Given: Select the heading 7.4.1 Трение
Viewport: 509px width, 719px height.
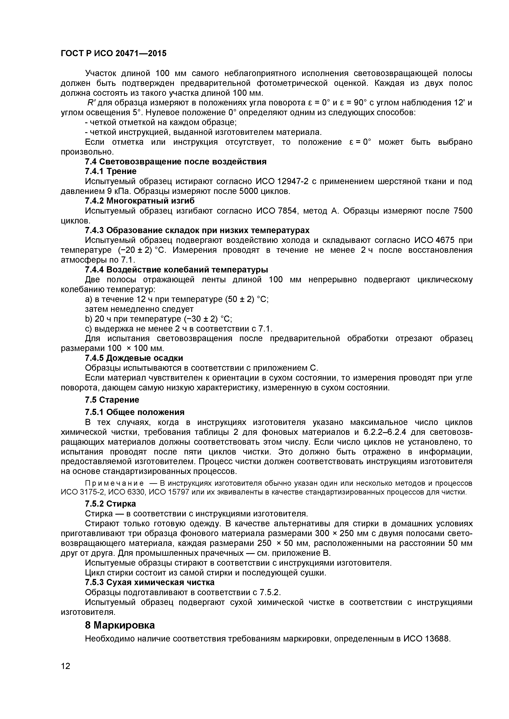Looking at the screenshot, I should point(111,171).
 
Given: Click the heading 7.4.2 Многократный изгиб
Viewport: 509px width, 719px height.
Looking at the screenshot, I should point(140,201).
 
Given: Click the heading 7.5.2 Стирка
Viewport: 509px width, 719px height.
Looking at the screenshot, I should point(110,504).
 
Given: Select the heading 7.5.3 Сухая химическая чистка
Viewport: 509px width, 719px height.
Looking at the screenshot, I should point(150,582).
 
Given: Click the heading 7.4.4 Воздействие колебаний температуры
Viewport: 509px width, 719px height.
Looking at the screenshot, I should point(177,270).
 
